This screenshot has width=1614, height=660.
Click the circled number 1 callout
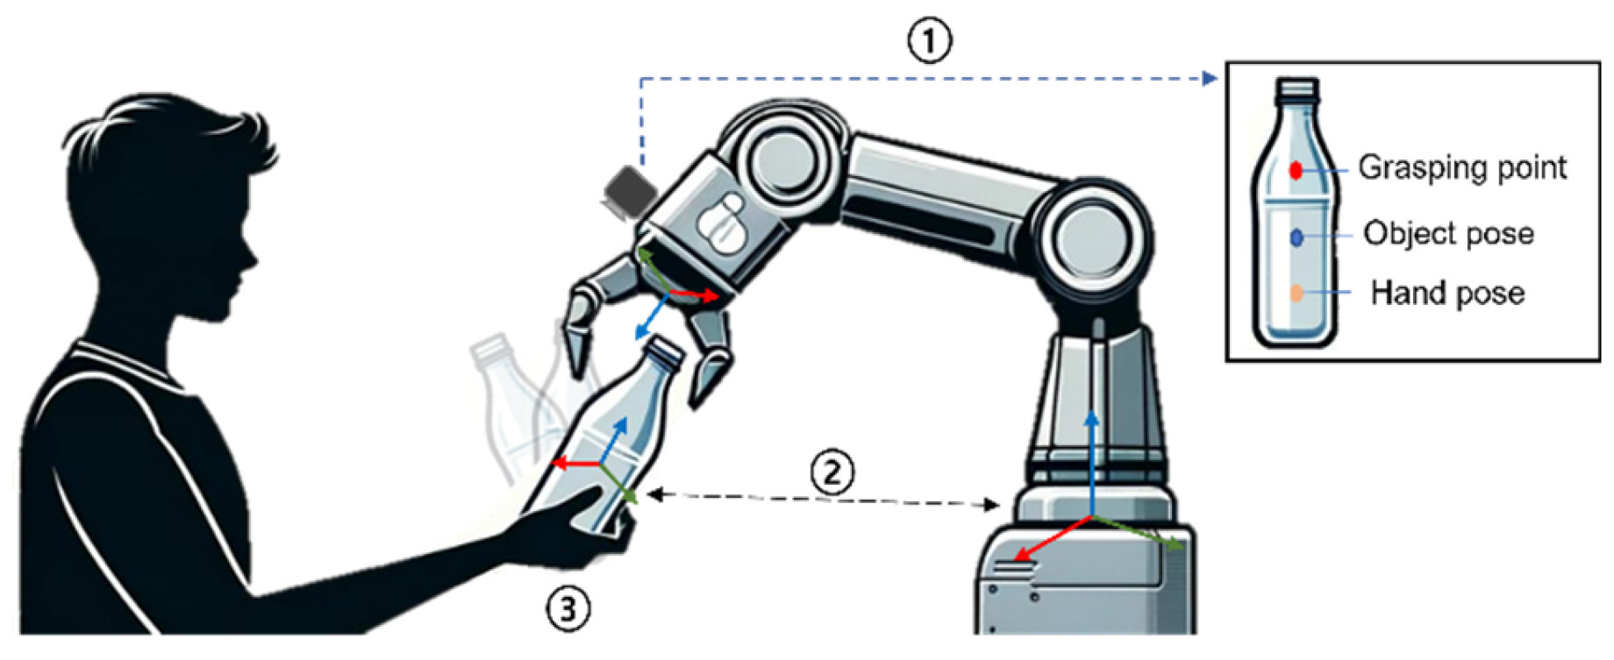(929, 40)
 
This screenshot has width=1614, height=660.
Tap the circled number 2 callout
(831, 472)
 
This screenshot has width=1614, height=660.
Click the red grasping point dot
(1296, 170)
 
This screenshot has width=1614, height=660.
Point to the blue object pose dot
(1296, 237)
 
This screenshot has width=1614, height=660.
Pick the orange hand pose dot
(1296, 293)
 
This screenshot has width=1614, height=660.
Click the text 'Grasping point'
(1461, 167)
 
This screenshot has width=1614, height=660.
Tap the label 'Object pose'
(1448, 234)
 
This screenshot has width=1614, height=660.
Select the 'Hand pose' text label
(1447, 293)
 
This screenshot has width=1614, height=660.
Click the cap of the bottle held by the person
(664, 351)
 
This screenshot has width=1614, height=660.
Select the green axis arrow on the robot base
(1140, 532)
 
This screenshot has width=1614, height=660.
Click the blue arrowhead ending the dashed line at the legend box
(1210, 79)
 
